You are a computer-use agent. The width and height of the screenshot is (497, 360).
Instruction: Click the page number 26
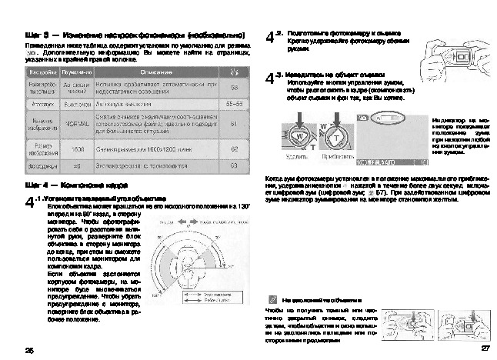(30, 350)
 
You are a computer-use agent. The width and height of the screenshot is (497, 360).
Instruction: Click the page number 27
(485, 348)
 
